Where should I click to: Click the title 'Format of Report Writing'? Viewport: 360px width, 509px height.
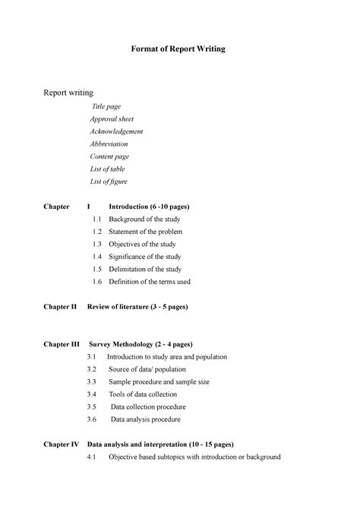180,49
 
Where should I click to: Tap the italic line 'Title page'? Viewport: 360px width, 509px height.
107,107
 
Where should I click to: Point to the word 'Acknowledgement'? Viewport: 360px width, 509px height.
116,131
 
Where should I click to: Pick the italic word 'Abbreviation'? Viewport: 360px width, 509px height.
109,144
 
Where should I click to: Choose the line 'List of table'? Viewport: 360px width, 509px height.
108,169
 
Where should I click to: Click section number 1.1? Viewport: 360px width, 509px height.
96,219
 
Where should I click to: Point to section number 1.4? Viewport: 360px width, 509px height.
96,257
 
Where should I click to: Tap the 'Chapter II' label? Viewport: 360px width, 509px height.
61,307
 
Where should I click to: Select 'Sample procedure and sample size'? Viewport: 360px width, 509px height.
159,381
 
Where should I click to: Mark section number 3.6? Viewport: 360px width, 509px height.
92,419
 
